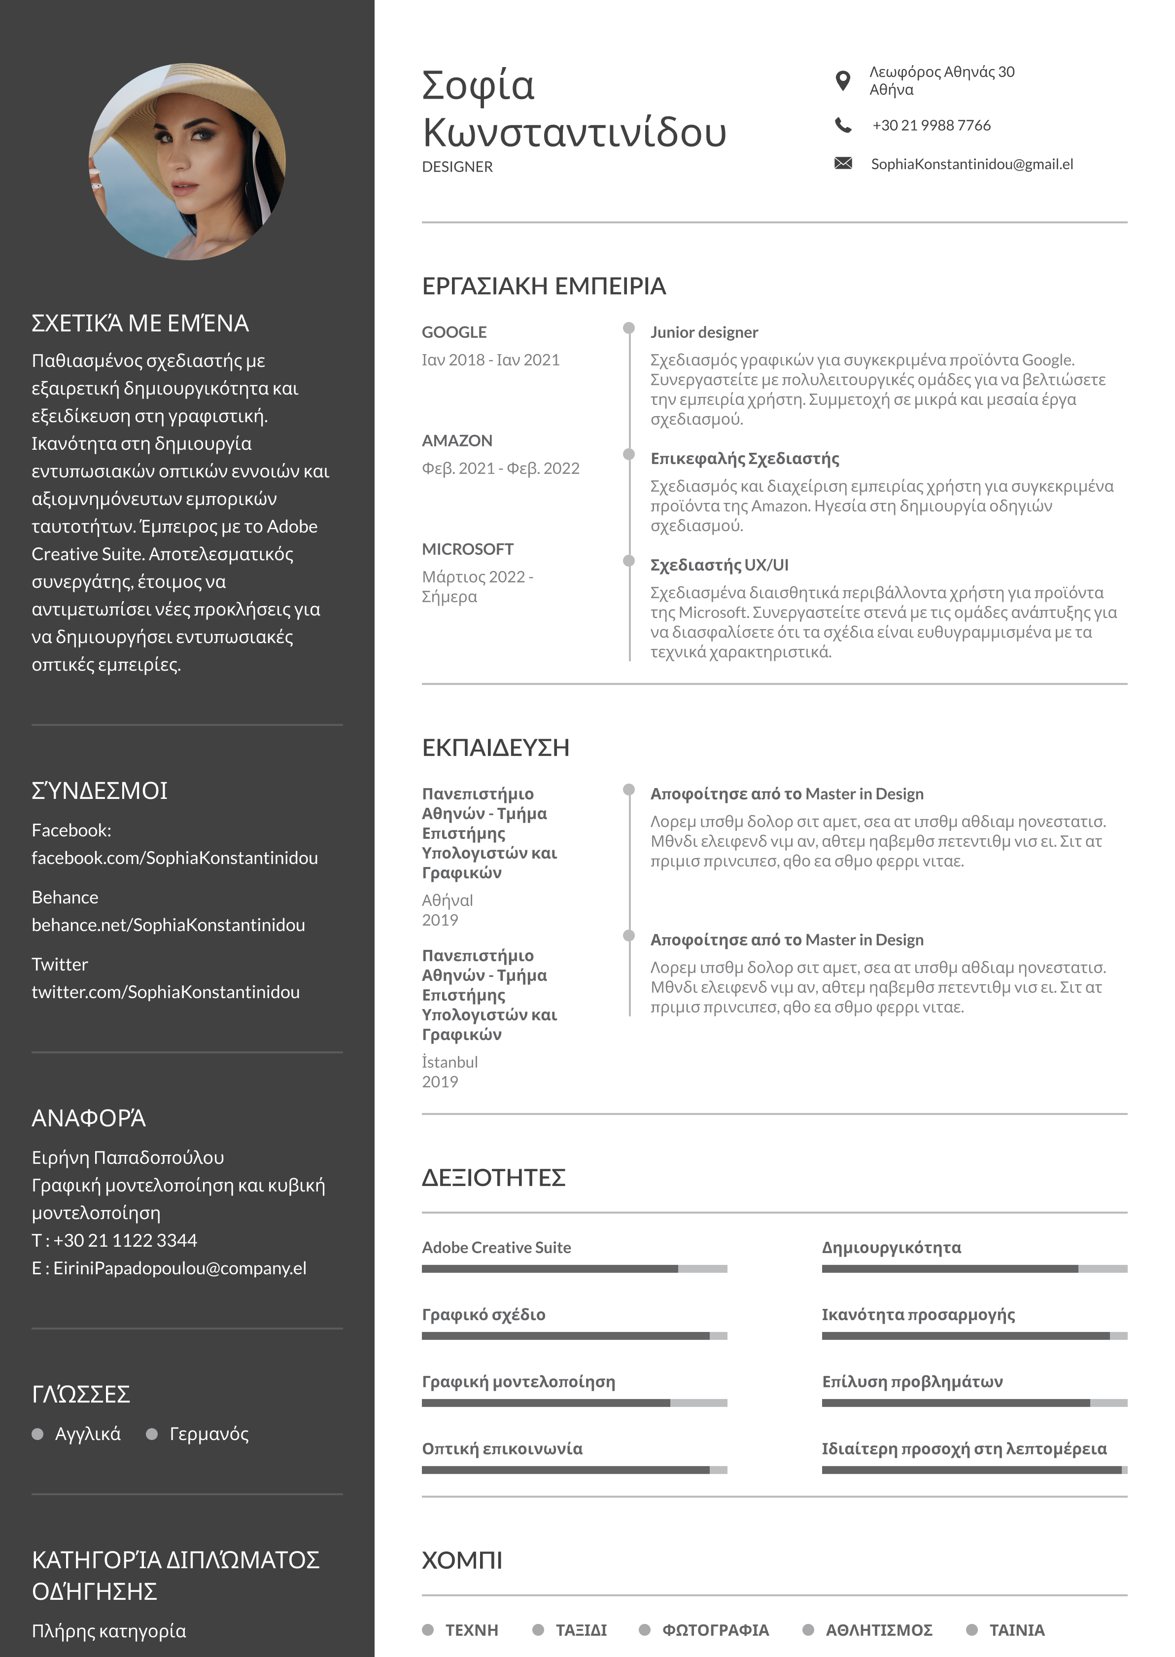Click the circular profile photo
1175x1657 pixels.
(187, 161)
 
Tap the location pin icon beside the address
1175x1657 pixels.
(842, 80)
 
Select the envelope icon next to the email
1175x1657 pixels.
(843, 164)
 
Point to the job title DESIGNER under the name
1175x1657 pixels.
(457, 167)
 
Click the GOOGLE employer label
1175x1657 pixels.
(454, 332)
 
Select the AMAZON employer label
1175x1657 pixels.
(457, 441)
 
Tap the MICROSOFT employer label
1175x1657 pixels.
(467, 549)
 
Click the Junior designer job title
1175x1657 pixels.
(704, 332)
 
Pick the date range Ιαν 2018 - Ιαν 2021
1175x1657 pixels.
(490, 360)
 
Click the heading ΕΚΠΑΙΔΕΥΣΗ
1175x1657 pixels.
(496, 748)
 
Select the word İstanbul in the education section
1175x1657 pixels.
(450, 1062)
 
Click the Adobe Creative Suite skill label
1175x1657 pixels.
(496, 1247)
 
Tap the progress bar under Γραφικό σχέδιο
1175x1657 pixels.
(574, 1335)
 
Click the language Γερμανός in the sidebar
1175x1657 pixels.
(209, 1434)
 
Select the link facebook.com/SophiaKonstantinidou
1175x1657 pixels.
(175, 858)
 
